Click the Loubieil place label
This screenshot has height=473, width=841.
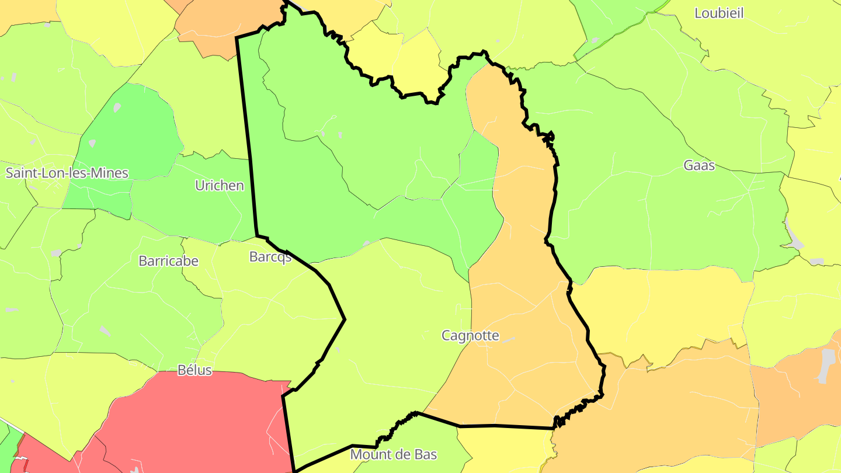pyautogui.click(x=719, y=13)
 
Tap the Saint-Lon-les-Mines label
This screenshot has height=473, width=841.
pyautogui.click(x=67, y=173)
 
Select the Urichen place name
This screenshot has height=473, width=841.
pyautogui.click(x=219, y=186)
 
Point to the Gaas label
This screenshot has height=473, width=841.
pyautogui.click(x=699, y=165)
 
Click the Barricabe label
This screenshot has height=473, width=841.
pyautogui.click(x=168, y=261)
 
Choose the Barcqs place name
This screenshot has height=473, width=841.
pyautogui.click(x=270, y=257)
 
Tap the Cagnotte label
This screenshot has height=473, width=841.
pyautogui.click(x=470, y=336)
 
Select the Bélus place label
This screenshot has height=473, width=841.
pyautogui.click(x=194, y=370)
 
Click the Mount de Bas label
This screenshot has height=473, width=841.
pyautogui.click(x=393, y=454)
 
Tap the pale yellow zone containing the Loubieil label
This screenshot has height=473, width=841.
pyautogui.click(x=759, y=47)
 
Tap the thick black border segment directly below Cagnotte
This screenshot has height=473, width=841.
pyautogui.click(x=496, y=426)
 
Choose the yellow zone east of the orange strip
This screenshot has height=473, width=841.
pyautogui.click(x=660, y=309)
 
